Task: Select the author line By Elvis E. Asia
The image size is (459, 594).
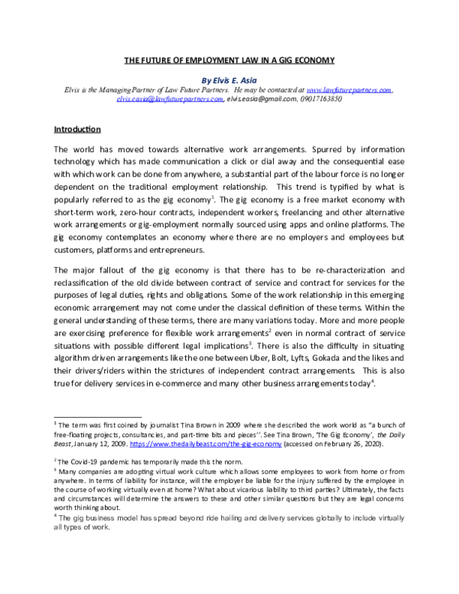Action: (230, 79)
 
